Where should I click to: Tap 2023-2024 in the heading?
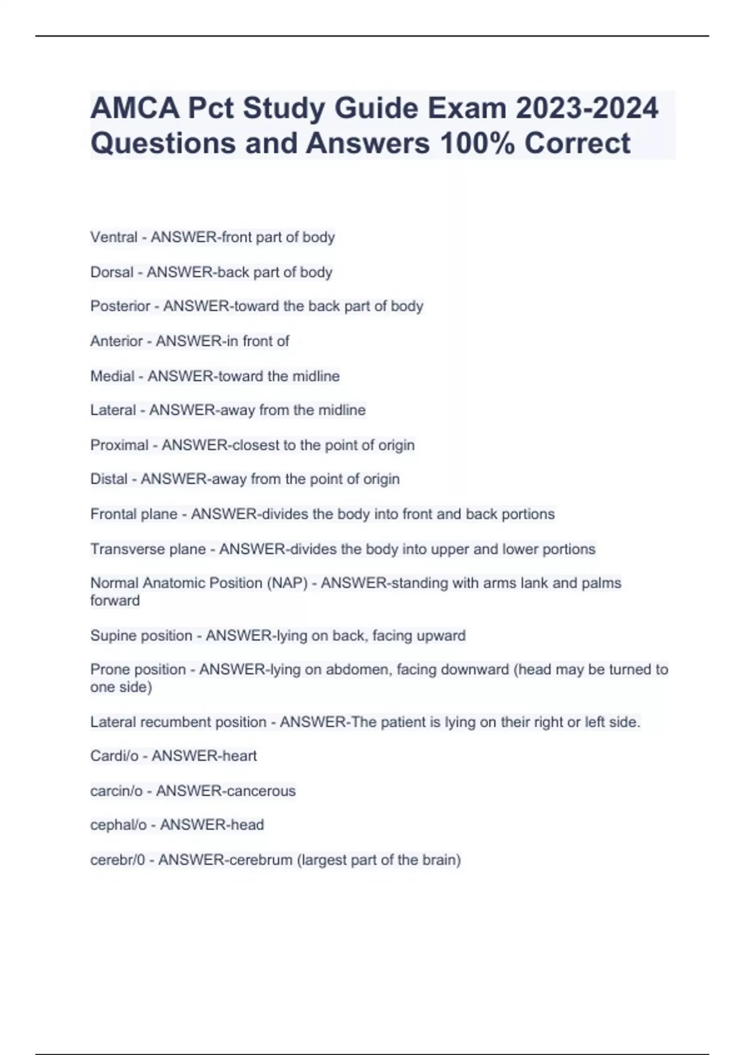coord(587,109)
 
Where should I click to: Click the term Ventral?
coord(114,237)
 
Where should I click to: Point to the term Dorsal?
coord(112,272)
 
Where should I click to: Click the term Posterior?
coord(120,306)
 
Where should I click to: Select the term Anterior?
coord(117,341)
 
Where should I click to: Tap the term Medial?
coord(112,376)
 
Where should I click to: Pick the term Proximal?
coord(119,445)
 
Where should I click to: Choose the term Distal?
coord(109,479)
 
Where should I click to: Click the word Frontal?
coord(112,514)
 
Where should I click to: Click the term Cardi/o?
coord(114,756)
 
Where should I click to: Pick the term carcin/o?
coord(116,791)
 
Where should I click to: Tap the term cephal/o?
coord(119,825)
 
